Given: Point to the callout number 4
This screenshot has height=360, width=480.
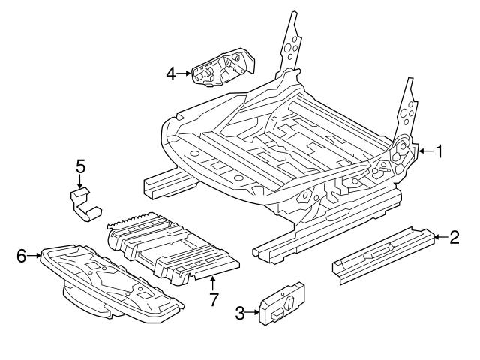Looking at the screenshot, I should pos(171,73).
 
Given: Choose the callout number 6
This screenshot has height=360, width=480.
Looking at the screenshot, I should pos(21,256).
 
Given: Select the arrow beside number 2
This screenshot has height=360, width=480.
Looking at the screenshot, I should pos(439,238).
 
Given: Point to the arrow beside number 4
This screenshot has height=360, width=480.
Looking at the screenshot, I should pos(184,73).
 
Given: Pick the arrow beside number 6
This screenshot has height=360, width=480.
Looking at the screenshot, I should pos(34,256).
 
